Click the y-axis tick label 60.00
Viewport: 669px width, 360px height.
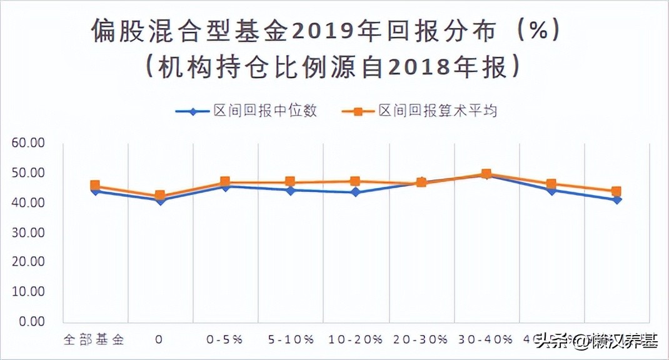28,143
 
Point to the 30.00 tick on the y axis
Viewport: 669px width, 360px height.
28,232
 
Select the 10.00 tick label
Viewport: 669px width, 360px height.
28,292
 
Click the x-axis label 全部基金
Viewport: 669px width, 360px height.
94,340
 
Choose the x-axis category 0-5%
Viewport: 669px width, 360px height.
224,340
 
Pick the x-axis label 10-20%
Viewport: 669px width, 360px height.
355,340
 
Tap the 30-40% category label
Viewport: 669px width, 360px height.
486,340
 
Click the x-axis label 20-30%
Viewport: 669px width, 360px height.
421,340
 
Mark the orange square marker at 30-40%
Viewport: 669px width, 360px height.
486,174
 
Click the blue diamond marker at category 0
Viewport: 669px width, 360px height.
160,201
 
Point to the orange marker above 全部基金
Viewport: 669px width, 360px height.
95,185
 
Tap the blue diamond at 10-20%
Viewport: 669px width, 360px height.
355,192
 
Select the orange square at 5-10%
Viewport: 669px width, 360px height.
290,182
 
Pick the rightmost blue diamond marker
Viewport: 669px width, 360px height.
616,200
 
